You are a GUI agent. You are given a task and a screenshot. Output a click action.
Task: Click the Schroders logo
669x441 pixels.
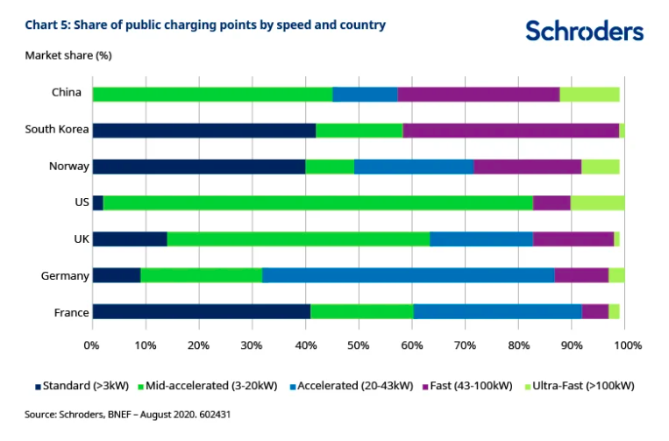(584, 32)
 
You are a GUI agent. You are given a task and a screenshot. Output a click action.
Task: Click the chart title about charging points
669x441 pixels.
(205, 25)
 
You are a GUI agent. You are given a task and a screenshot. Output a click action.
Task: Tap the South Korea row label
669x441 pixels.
(57, 129)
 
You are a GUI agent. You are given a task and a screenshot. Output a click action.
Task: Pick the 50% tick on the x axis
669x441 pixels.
(359, 345)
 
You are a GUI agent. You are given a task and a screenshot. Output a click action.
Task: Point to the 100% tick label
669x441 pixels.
(627, 345)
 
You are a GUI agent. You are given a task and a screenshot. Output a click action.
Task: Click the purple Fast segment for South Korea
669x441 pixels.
(510, 130)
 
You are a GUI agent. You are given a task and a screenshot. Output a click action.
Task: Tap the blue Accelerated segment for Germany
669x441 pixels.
(408, 275)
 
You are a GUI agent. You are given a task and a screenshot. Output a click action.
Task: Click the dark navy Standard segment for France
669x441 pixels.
(201, 311)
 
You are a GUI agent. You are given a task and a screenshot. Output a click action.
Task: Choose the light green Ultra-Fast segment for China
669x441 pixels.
(589, 94)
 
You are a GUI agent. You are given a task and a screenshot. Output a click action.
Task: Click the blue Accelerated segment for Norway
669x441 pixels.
(414, 167)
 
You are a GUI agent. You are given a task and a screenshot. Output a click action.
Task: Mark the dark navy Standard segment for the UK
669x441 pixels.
(130, 238)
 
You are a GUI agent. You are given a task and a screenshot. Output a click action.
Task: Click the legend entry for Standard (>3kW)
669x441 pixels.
(81, 386)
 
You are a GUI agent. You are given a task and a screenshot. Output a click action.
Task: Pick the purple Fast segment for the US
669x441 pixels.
(552, 203)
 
